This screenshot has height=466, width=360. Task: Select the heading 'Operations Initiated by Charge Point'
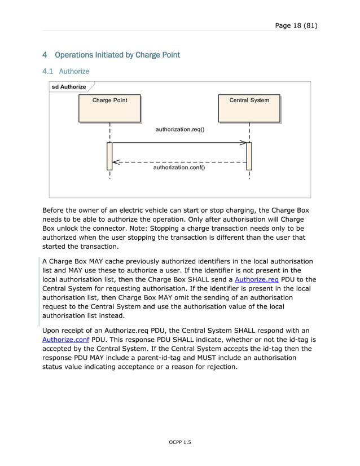click(x=117, y=55)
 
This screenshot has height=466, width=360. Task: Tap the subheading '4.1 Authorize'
click(x=66, y=72)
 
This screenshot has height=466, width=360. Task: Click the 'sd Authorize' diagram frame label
click(x=69, y=87)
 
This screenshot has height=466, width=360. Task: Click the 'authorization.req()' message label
click(x=179, y=129)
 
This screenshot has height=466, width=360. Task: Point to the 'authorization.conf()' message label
click(x=179, y=168)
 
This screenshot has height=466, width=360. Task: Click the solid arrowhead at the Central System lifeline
click(x=243, y=143)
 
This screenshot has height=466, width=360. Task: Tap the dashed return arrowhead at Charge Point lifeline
click(x=116, y=162)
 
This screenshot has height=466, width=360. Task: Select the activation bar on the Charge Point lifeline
click(x=109, y=156)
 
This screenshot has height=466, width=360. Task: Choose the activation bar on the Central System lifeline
click(x=249, y=156)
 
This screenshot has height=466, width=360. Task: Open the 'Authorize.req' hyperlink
click(x=256, y=279)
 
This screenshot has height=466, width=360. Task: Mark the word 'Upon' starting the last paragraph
click(x=52, y=331)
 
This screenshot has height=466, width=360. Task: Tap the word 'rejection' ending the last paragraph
click(x=219, y=367)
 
